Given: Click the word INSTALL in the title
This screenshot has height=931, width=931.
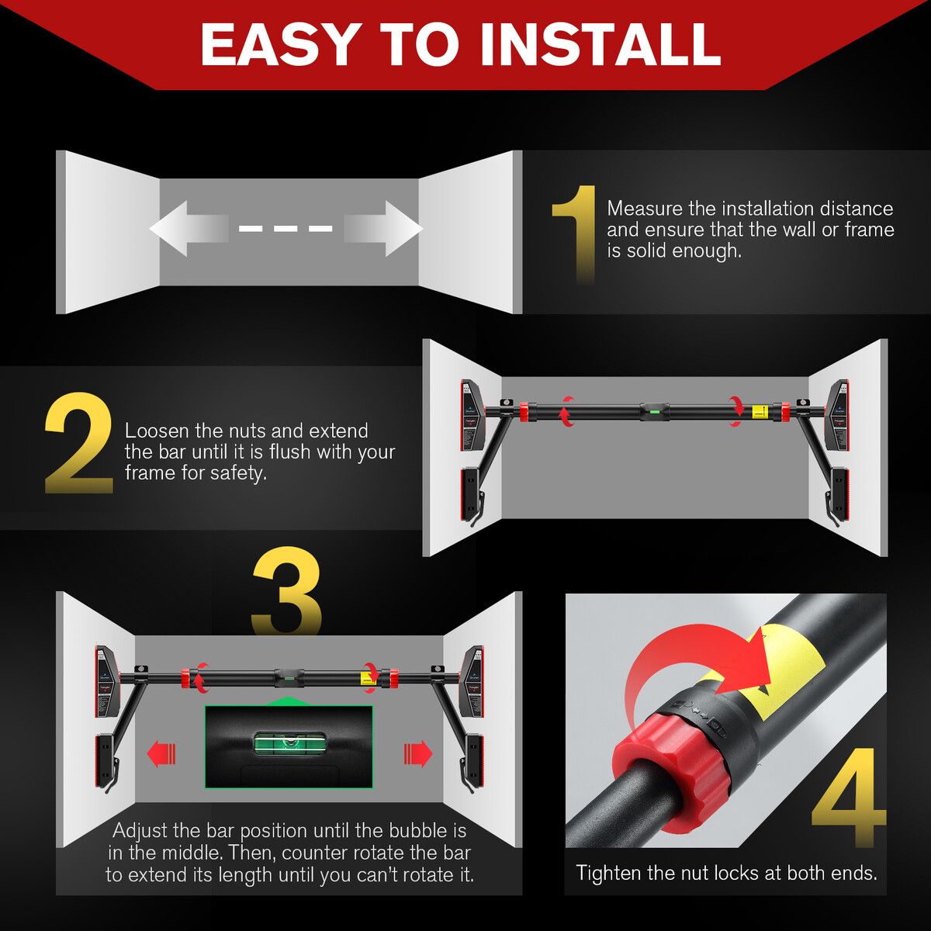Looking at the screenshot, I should pyautogui.click(x=600, y=44).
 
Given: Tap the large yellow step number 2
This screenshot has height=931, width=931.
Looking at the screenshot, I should pyautogui.click(x=79, y=445).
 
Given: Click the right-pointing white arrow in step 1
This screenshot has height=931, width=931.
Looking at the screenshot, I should pyautogui.click(x=385, y=229).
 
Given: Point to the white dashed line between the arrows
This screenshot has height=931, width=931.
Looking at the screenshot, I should pyautogui.click(x=286, y=229).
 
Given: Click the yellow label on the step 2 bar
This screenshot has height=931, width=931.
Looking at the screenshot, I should pyautogui.click(x=761, y=412).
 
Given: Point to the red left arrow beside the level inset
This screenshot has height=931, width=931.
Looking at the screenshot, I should pyautogui.click(x=162, y=753).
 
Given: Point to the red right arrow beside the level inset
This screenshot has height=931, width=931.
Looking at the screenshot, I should pyautogui.click(x=417, y=753).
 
